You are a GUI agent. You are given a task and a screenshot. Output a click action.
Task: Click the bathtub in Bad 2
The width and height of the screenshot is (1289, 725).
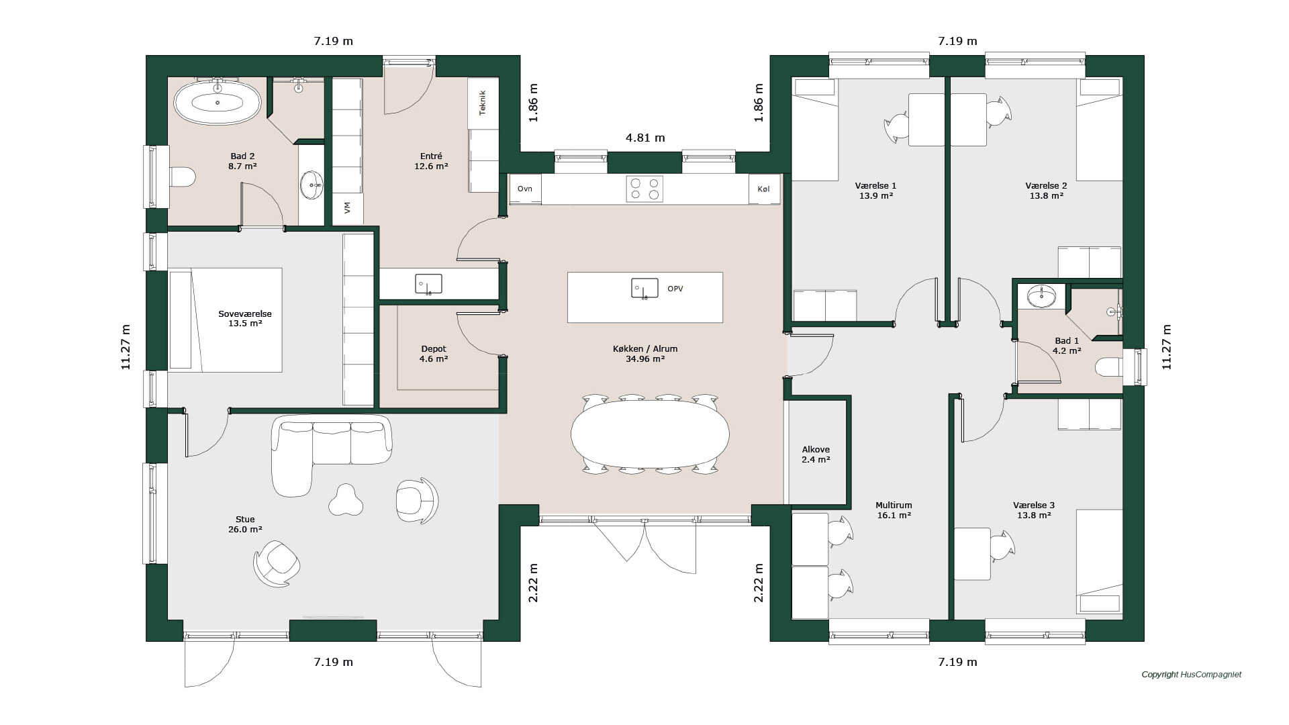(218, 102)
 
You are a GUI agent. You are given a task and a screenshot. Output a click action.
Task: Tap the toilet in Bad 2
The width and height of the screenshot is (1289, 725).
(182, 177)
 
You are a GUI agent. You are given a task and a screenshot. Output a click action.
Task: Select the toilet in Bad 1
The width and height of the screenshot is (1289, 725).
(1108, 367)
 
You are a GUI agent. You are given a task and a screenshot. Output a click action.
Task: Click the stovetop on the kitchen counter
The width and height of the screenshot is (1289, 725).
(644, 189)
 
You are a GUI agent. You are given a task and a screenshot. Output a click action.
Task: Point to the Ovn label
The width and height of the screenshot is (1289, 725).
(525, 189)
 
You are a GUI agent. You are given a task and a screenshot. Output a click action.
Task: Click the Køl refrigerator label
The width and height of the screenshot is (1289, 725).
(763, 189)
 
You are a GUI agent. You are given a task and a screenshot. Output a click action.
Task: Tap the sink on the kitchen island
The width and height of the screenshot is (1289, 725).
(644, 289)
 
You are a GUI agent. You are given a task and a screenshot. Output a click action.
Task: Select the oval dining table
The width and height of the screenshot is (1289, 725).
(650, 434)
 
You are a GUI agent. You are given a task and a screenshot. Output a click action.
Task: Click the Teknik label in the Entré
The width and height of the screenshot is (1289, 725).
(482, 103)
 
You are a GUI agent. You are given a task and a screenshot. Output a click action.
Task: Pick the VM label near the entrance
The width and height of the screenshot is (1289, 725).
(347, 208)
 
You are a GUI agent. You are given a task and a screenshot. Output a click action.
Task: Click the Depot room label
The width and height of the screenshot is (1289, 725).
(434, 349)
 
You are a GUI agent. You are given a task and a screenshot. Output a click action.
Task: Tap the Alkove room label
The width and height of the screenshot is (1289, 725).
(816, 450)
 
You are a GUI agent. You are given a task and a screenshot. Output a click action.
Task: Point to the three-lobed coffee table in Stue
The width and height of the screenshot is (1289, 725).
(346, 500)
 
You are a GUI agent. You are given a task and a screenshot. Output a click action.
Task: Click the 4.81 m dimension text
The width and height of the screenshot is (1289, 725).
(645, 138)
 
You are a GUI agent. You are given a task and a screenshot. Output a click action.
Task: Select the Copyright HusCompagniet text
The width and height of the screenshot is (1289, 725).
(1192, 675)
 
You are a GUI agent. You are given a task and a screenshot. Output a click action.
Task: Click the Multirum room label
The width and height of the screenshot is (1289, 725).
(894, 505)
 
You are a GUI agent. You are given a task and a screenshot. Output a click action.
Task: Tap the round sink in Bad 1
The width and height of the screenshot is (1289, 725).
(1041, 296)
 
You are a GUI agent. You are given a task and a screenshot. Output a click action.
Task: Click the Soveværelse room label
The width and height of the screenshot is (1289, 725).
(245, 313)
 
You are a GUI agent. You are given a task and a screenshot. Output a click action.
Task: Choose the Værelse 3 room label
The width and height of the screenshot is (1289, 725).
(1034, 505)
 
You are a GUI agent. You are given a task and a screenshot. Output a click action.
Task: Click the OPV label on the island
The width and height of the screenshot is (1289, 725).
(675, 289)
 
